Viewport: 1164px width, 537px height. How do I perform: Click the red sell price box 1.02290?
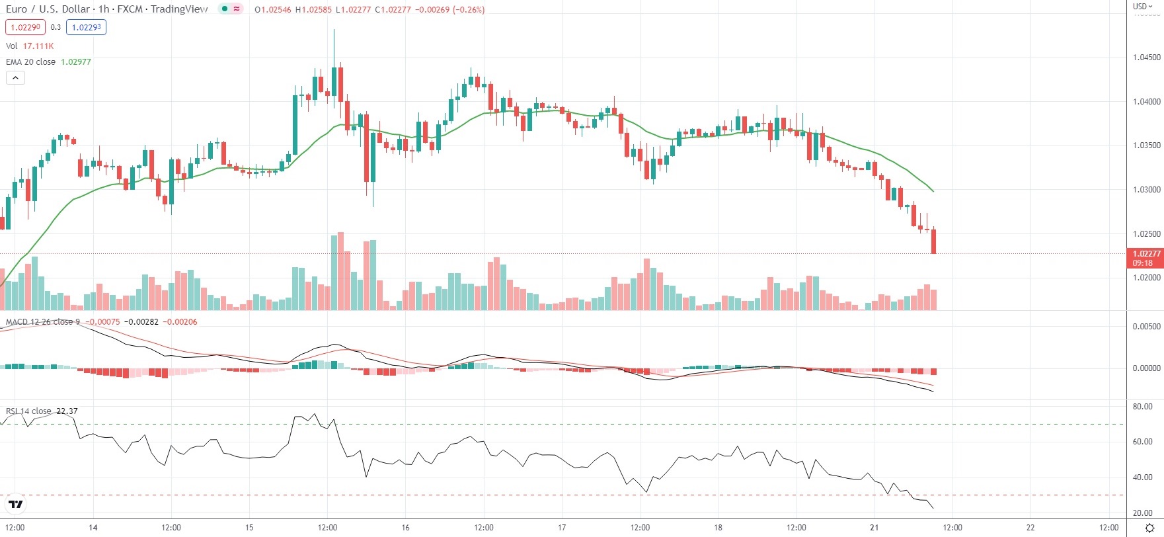pos(25,27)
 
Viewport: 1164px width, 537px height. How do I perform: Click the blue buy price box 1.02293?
pos(86,27)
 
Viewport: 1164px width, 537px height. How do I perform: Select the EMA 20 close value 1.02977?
pos(76,62)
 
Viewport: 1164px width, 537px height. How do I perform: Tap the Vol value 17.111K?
pos(38,46)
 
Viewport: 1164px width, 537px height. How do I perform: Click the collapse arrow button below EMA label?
pos(15,77)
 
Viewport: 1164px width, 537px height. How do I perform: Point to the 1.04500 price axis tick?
pos(1146,58)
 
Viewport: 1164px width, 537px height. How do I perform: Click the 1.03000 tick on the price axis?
pos(1146,190)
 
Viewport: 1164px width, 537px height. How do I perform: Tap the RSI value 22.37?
pos(67,411)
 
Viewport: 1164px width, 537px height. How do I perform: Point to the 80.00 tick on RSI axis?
pos(1142,407)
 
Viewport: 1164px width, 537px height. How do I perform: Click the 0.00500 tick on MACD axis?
pos(1146,327)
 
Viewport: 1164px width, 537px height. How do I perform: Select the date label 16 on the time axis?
pos(405,528)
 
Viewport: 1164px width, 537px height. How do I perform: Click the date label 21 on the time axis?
pos(874,528)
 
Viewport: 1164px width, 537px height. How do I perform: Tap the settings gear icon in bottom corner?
pos(1149,528)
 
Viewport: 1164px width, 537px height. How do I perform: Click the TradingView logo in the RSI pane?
pos(16,505)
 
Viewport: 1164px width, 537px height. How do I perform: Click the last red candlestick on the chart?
pos(933,241)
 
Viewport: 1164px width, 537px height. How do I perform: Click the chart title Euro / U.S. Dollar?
pos(48,9)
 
